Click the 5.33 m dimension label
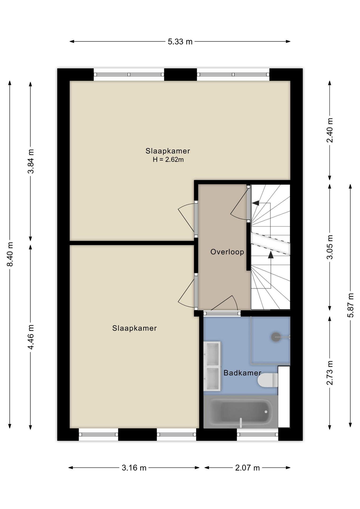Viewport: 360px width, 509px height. pyautogui.click(x=180, y=42)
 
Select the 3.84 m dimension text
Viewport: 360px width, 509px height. pyautogui.click(x=31, y=161)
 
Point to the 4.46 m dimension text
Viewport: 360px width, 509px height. pyautogui.click(x=31, y=337)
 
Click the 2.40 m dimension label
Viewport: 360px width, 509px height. pyautogui.click(x=330, y=130)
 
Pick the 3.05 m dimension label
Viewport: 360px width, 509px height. pyautogui.click(x=330, y=247)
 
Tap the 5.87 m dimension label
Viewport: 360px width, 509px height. pyautogui.click(x=350, y=305)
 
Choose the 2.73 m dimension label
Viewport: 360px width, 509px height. pyautogui.click(x=330, y=373)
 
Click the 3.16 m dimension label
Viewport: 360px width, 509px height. pyautogui.click(x=134, y=468)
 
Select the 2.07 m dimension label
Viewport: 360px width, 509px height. pyautogui.click(x=247, y=468)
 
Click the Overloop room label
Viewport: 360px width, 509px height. pyautogui.click(x=227, y=252)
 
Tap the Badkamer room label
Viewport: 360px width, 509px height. pyautogui.click(x=242, y=373)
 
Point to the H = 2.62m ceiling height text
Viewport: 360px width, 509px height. pyautogui.click(x=168, y=160)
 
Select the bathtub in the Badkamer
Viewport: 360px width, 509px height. pyautogui.click(x=241, y=412)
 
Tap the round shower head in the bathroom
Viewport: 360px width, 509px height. pyautogui.click(x=276, y=337)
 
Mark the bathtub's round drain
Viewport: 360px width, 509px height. pyautogui.click(x=266, y=412)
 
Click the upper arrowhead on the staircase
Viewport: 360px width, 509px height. pyautogui.click(x=256, y=203)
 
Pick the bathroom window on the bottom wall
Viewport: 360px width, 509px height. pyautogui.click(x=257, y=434)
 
